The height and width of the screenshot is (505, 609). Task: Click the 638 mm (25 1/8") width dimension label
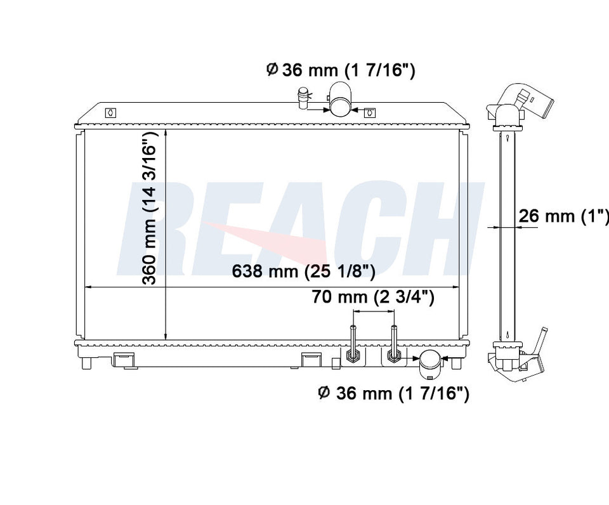(x=303, y=271)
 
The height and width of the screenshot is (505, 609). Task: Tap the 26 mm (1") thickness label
(x=563, y=215)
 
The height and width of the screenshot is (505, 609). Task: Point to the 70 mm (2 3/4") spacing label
(x=373, y=297)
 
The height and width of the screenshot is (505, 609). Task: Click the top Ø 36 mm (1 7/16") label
(x=341, y=70)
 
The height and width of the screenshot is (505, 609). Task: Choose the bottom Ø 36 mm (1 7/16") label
(x=393, y=393)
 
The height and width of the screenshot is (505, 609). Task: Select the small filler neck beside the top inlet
(x=302, y=99)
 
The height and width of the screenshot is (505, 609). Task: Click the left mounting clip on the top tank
(x=110, y=113)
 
